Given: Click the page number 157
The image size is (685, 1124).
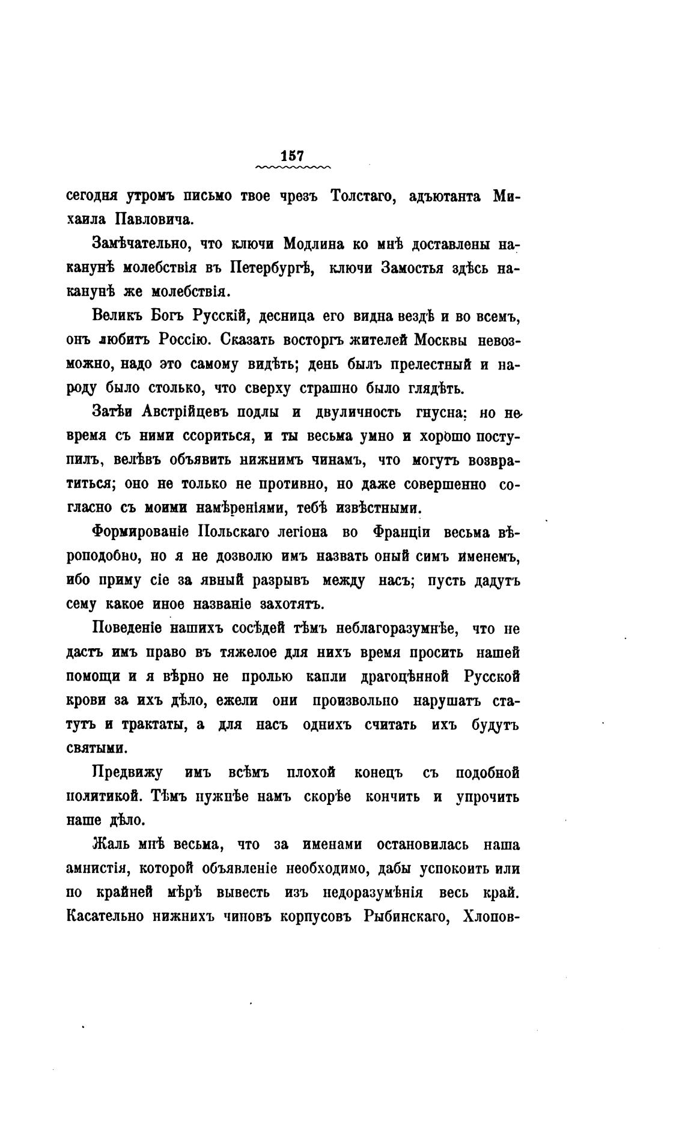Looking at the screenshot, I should tap(293, 154).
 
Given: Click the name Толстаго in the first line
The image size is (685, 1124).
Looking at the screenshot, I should tap(363, 196).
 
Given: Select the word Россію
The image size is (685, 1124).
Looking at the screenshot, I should tap(183, 340).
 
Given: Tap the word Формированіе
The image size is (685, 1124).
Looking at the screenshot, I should tap(141, 533).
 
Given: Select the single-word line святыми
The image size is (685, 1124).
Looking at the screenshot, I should tap(96, 749).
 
